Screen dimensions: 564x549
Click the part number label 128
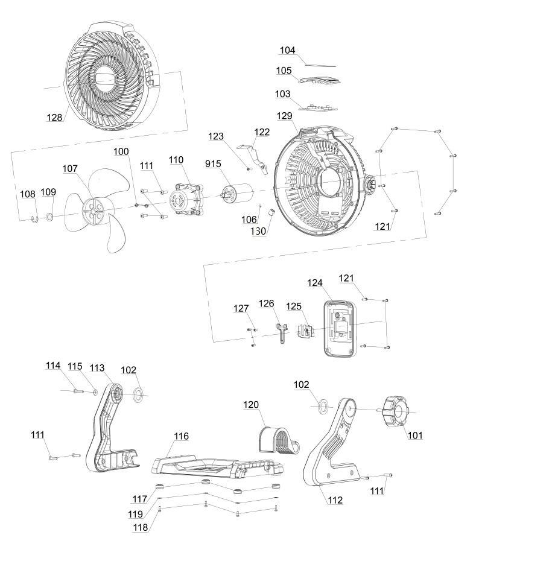[x=54, y=117]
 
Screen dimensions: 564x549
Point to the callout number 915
[x=214, y=164]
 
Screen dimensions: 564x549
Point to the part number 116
[x=181, y=436]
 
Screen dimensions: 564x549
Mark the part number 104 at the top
[x=287, y=50]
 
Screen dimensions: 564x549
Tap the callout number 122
[x=262, y=132]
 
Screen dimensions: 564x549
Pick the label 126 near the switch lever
[x=267, y=303]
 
